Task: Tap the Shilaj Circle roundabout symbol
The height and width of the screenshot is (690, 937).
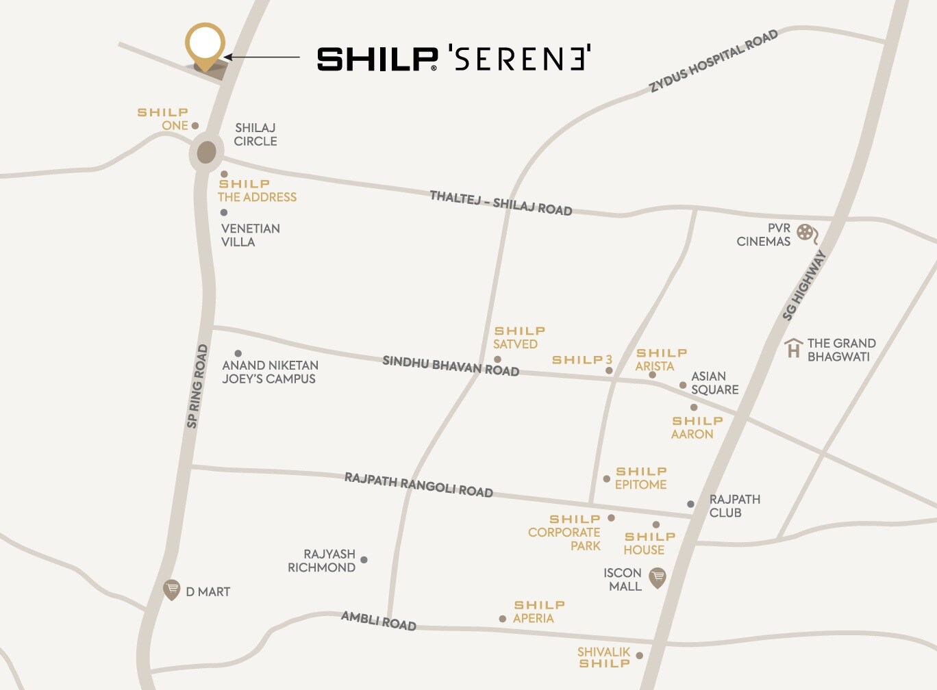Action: pos(206,153)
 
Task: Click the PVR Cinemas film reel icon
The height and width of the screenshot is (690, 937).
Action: pos(807,234)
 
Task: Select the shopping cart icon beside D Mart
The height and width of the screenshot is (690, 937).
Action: pos(171,589)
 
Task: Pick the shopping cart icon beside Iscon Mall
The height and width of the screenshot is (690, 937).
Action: pos(657,577)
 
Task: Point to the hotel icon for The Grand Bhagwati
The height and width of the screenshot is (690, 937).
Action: pos(793,348)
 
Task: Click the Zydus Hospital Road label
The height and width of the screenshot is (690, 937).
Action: pos(713,60)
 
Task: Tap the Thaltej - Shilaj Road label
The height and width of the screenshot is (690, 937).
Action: pos(501,203)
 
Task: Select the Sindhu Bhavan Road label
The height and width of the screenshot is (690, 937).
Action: pos(450,366)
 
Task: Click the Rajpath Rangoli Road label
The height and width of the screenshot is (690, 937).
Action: pos(418,484)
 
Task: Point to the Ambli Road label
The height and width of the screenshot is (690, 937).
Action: pos(379,620)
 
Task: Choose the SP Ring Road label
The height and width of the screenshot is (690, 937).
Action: pos(197,386)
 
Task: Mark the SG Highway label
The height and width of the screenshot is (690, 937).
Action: pos(804,285)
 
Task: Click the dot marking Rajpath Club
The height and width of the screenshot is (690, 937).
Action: pos(690,504)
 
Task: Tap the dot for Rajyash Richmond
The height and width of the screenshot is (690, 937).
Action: pos(364,560)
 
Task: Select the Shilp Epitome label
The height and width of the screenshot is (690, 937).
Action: pos(640,478)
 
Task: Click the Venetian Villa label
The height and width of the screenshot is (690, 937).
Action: pos(250,235)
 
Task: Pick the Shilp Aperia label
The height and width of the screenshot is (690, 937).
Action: pos(538,611)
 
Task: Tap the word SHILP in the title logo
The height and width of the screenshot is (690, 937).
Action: pos(377,60)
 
